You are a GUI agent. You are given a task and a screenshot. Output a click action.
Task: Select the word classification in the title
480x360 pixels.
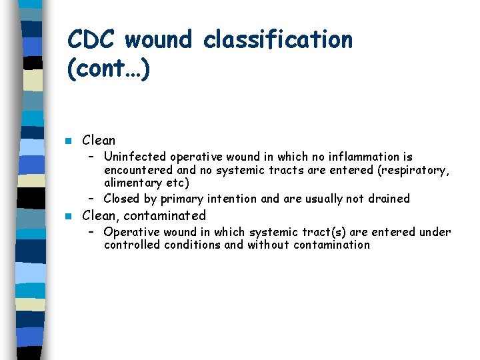278,40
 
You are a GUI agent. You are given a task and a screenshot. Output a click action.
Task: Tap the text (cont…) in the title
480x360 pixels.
109,70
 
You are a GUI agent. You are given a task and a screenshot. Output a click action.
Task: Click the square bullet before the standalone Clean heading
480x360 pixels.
68,141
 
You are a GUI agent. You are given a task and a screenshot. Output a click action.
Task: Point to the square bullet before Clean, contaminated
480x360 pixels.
68,216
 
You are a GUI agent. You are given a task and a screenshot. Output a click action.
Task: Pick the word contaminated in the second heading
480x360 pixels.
165,215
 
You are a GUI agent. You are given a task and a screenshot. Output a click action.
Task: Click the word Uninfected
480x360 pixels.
135,157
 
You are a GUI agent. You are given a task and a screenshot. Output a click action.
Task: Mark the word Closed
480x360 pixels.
121,199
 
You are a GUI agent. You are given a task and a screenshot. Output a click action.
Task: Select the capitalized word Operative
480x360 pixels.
131,232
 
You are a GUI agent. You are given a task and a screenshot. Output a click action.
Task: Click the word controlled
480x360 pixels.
132,245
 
